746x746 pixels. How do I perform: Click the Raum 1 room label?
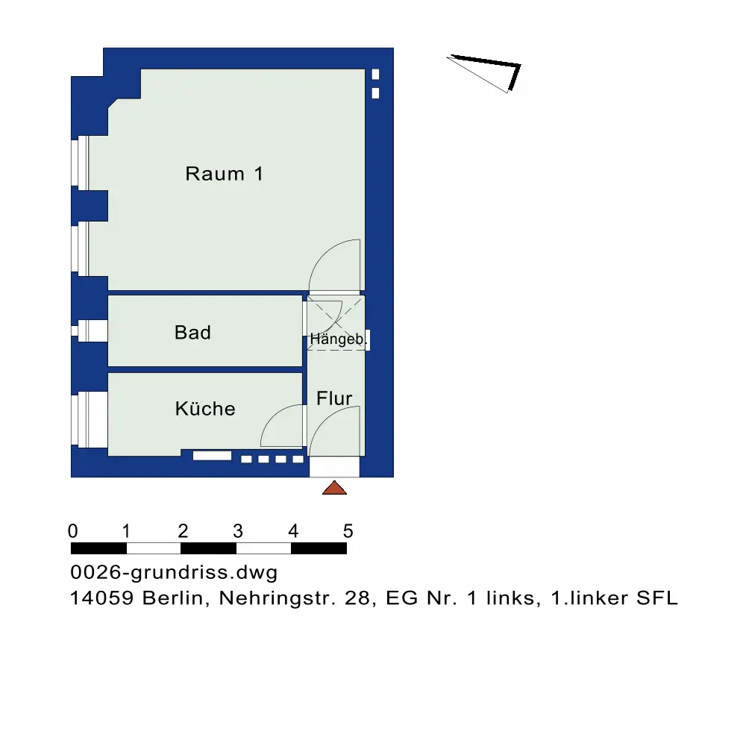coord(224,175)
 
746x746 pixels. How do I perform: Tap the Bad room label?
coord(192,333)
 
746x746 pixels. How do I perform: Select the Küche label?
coord(205,409)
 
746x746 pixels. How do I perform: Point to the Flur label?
coord(334,398)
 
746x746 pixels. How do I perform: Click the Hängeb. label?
coord(338,339)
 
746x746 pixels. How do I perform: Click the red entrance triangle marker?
coord(335,488)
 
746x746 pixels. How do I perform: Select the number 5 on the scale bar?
coord(348,532)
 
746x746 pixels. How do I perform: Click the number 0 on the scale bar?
coord(72,532)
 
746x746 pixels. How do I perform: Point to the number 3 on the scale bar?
coord(237,532)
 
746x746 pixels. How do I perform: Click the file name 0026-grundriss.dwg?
coord(174,573)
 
